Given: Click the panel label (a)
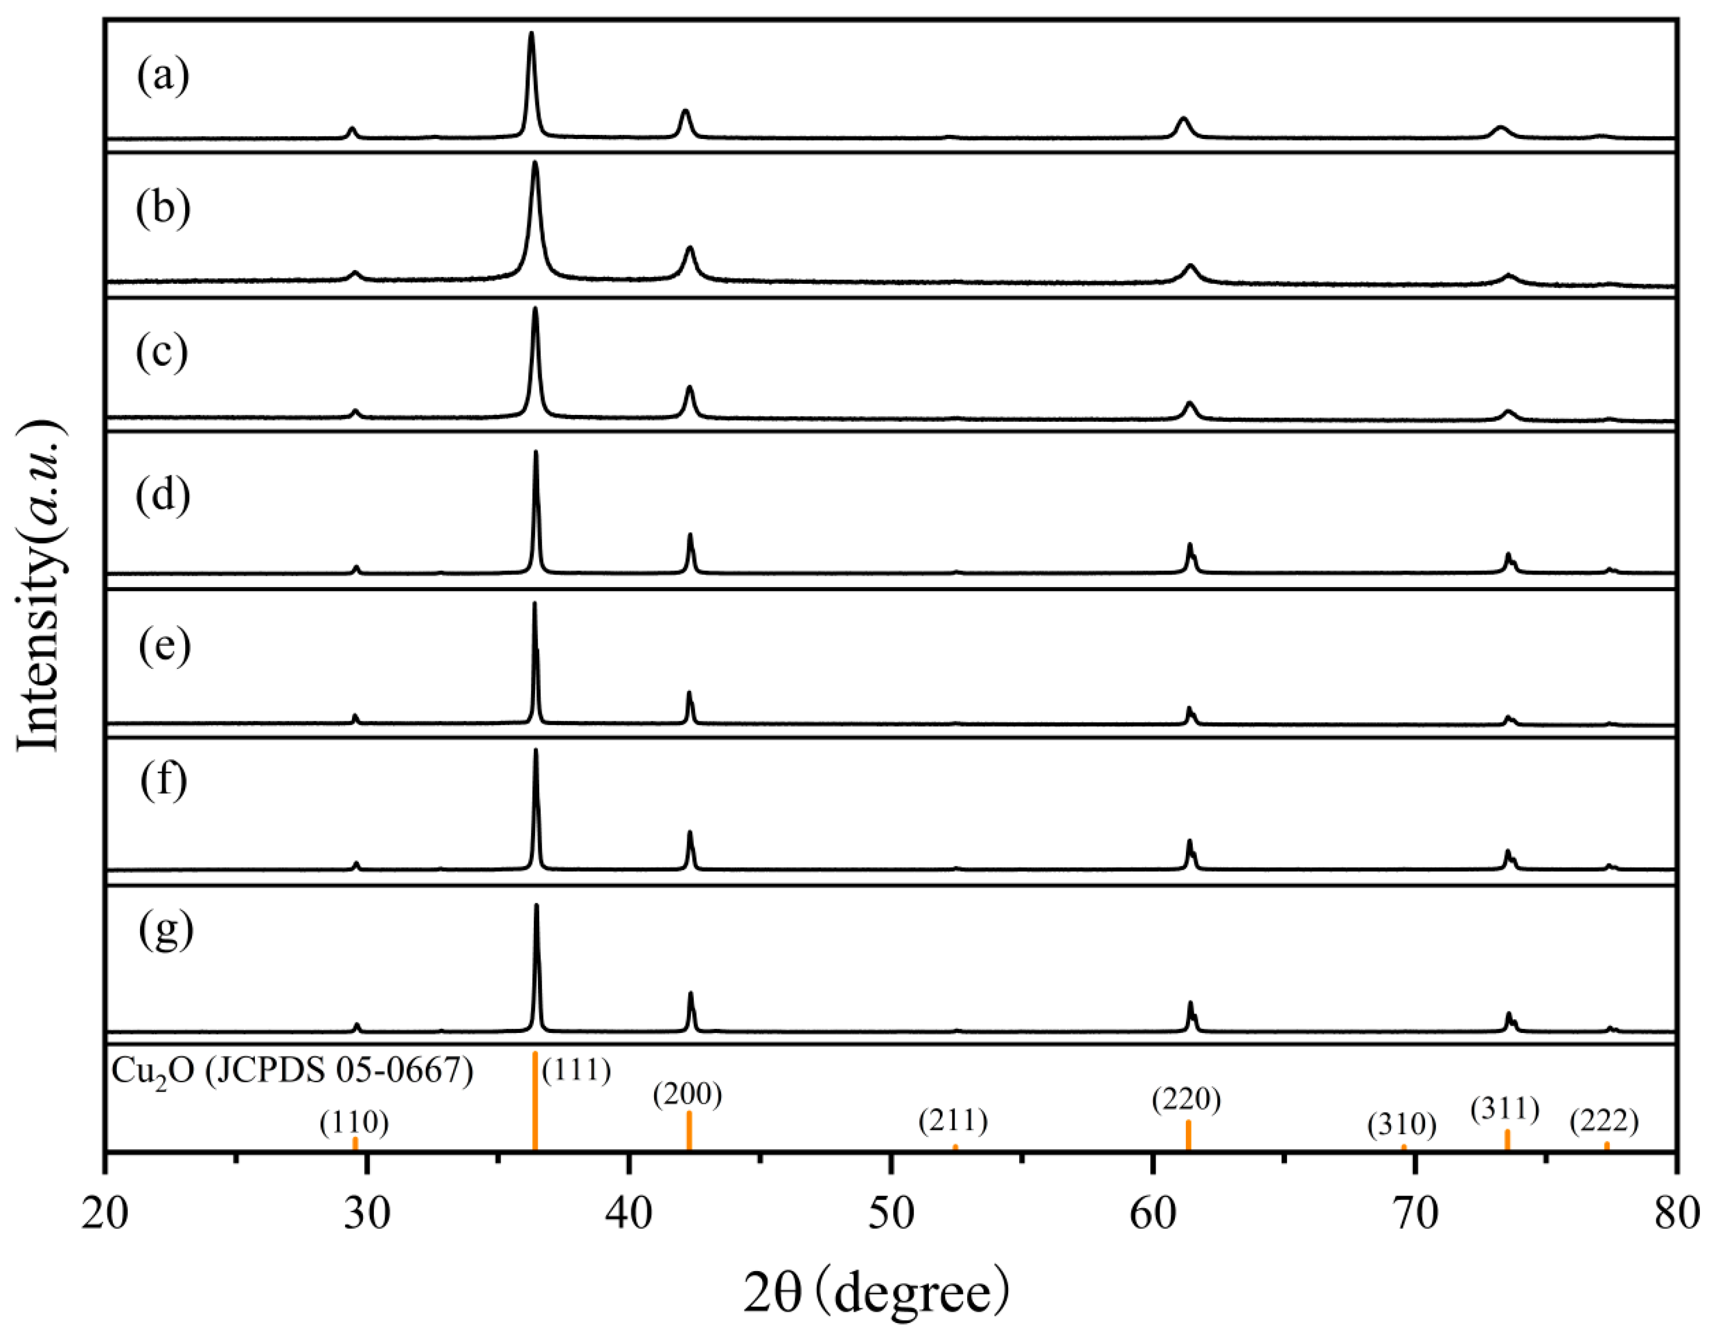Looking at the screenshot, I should (x=163, y=77).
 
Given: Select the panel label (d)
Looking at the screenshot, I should (x=163, y=496).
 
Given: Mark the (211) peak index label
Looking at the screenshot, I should (x=953, y=1121).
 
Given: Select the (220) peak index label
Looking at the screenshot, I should (x=1186, y=1100).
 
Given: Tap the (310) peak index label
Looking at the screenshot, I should (x=1401, y=1125).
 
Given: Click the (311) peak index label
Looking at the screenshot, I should (x=1505, y=1110).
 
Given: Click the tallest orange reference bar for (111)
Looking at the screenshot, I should (x=534, y=1101).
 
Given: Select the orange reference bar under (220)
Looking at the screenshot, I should (x=1188, y=1135).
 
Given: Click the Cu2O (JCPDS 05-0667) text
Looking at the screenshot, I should (x=293, y=1071).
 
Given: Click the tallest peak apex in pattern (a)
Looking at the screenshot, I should (x=531, y=33).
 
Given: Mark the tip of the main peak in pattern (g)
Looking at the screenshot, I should (x=536, y=905).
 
